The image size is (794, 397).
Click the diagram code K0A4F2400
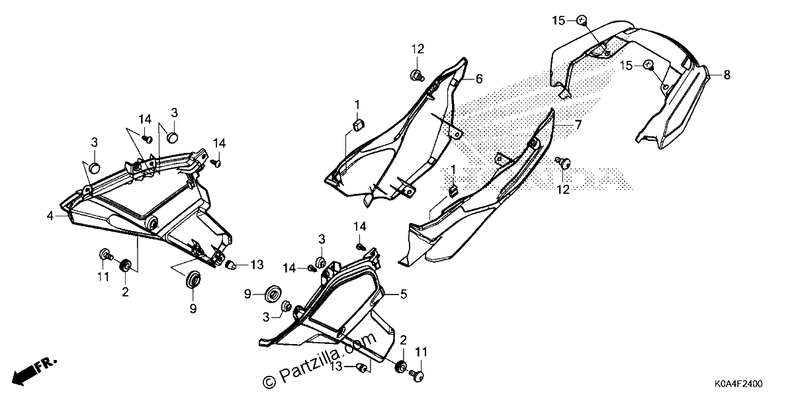[x=738, y=384]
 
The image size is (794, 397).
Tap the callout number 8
[x=727, y=75]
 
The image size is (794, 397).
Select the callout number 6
[x=479, y=79]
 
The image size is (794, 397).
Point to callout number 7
[x=578, y=125]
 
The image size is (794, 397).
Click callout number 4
[x=50, y=216]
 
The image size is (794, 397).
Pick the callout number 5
[x=404, y=294]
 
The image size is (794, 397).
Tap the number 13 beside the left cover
[x=257, y=265]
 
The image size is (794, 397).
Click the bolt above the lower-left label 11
[x=106, y=254]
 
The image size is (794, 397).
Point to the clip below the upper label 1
[x=358, y=125]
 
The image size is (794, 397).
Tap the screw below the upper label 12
[x=416, y=75]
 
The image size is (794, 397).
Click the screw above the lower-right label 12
[x=563, y=163]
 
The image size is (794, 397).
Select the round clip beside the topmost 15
[x=582, y=20]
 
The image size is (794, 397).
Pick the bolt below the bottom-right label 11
[x=416, y=374]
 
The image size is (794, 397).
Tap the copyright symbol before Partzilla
[x=269, y=382]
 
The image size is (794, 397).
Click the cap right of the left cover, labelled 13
[x=230, y=264]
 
